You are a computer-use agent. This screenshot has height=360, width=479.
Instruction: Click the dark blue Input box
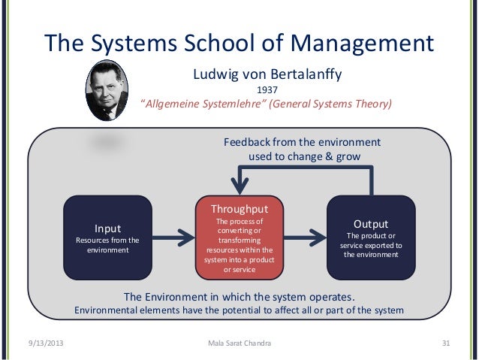point(107,237)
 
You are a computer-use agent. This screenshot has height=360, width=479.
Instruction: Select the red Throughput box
point(239,237)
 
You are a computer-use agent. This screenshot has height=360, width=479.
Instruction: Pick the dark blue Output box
point(371,237)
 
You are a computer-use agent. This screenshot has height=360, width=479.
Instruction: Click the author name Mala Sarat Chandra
point(239,344)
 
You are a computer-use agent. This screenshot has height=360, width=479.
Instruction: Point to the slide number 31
point(446,344)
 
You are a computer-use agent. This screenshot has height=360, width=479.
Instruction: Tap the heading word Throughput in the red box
point(239,208)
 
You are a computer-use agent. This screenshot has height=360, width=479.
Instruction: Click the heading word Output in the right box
point(371,224)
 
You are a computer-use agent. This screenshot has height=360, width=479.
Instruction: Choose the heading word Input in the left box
point(107,228)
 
